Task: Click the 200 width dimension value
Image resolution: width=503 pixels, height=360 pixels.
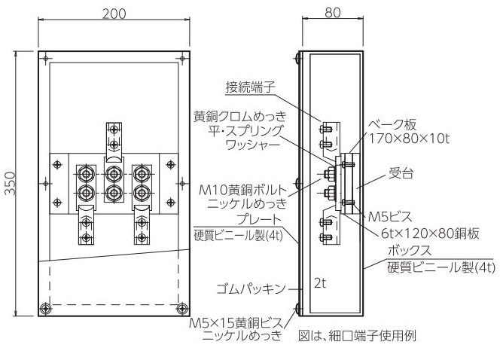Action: click(x=114, y=14)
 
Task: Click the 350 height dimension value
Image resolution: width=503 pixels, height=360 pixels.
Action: click(x=11, y=183)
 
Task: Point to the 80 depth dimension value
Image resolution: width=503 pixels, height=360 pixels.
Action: click(x=332, y=13)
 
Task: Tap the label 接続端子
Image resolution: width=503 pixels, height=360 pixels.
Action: click(x=250, y=87)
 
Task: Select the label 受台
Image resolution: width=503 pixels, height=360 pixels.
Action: click(x=401, y=173)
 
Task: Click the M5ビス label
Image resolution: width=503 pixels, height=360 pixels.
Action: click(x=390, y=217)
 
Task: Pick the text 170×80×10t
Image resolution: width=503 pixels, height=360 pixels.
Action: click(x=409, y=139)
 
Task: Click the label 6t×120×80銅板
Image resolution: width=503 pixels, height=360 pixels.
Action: click(x=430, y=233)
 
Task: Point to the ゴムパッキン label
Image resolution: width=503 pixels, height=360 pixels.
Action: click(x=251, y=288)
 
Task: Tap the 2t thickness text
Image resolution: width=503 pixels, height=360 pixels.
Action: click(x=320, y=283)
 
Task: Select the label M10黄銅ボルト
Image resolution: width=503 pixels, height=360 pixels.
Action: click(x=242, y=191)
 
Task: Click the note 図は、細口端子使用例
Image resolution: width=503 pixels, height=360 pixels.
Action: click(x=358, y=336)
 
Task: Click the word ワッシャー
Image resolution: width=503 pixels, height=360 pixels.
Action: click(x=253, y=145)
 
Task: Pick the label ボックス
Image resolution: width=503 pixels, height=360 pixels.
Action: click(x=410, y=250)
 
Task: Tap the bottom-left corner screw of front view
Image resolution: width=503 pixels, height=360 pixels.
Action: click(x=45, y=309)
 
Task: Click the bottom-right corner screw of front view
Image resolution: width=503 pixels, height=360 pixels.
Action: click(x=182, y=309)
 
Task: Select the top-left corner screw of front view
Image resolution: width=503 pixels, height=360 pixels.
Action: click(x=46, y=59)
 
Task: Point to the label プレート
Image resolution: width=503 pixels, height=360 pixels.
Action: click(x=259, y=220)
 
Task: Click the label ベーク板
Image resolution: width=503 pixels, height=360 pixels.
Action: click(x=392, y=124)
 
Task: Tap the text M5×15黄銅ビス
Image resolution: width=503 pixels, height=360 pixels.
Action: click(x=236, y=322)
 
